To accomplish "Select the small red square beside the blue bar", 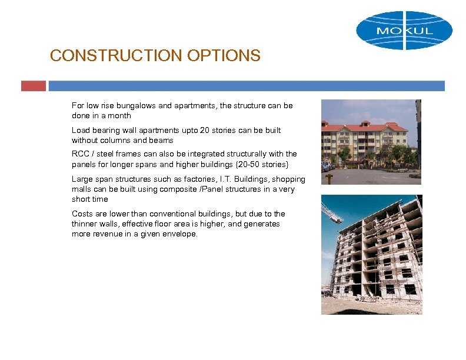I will [33, 86].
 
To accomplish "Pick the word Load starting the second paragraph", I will [81, 130].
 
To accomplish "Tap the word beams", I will [161, 140].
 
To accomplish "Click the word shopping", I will [288, 179].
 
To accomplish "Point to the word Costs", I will [82, 214].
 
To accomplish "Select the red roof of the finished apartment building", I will [365, 126].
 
